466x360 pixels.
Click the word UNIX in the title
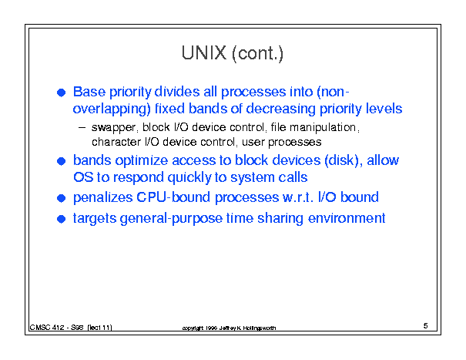204,53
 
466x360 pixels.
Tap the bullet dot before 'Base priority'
61,93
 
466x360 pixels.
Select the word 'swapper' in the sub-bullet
114,128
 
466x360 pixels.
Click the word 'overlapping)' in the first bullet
112,109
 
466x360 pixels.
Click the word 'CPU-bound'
173,197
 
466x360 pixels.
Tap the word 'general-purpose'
171,219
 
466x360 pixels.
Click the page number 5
426,326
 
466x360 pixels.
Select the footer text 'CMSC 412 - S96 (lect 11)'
71,328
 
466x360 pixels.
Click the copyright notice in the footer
229,328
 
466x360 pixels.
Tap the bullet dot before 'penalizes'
61,198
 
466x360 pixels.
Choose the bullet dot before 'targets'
61,219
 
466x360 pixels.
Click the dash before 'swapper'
82,128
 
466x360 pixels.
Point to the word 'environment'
347,218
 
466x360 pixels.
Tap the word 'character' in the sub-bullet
116,142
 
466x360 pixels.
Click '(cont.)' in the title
257,53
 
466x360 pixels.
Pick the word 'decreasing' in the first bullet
280,109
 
